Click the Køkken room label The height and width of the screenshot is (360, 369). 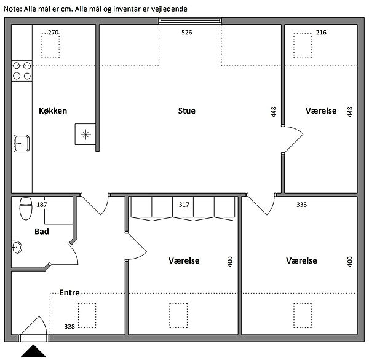coord(53,111)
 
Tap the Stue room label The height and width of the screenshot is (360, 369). coord(186,111)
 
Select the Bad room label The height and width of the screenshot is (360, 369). coord(42,232)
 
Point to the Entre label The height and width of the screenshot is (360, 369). coord(69,292)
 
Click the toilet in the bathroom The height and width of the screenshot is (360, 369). coord(26,208)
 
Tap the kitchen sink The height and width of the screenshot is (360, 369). coord(22,143)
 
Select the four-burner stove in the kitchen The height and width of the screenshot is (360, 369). coord(22,71)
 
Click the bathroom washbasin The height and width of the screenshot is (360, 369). coord(17,248)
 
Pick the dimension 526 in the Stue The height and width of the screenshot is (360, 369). coord(186,32)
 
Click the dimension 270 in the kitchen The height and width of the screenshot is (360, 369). coord(53,32)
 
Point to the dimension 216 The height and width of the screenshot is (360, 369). coord(321,32)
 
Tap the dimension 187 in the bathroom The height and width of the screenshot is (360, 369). coord(42,205)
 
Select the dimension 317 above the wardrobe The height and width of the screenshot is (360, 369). coord(184,205)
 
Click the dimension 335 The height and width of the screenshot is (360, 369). coord(301,205)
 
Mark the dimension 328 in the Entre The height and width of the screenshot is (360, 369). coord(69,326)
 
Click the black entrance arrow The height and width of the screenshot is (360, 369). coord(33,351)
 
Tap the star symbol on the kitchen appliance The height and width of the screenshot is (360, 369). coord(85,135)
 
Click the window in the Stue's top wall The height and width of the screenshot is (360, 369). coord(190,21)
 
